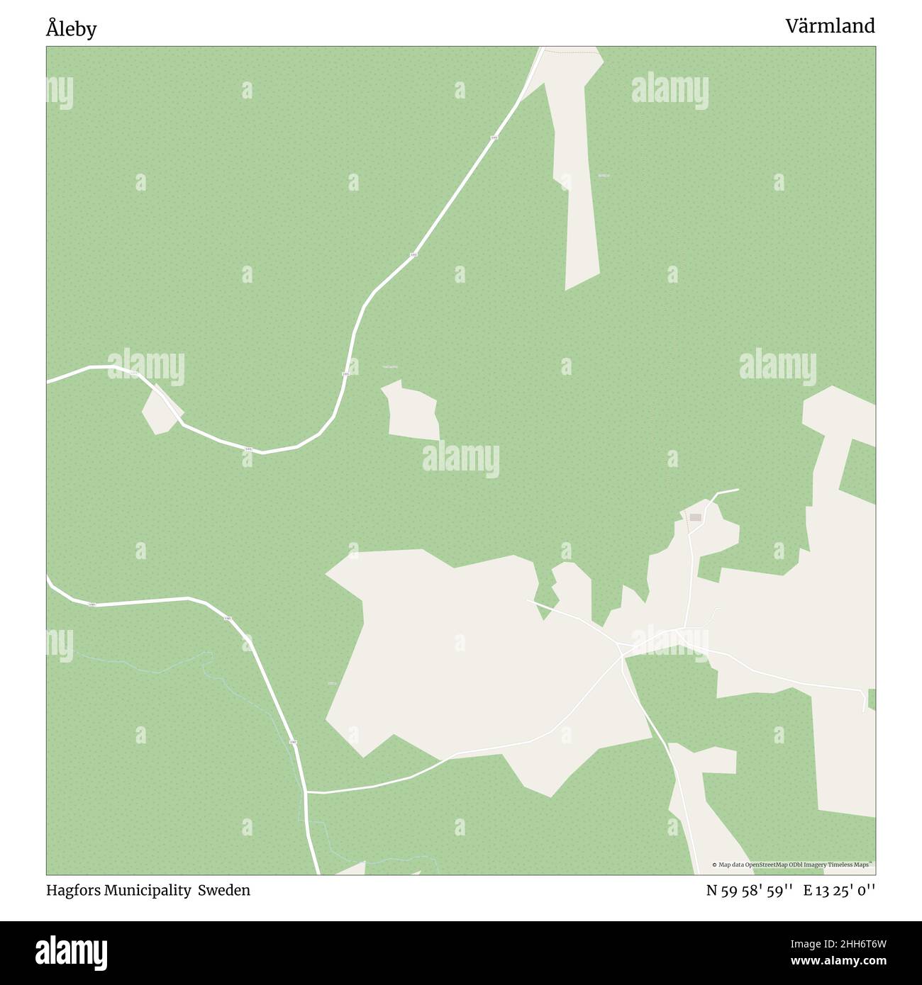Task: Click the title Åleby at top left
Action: pos(71,30)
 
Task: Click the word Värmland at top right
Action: pos(829,26)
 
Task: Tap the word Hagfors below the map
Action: pos(73,890)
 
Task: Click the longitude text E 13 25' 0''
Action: pos(839,891)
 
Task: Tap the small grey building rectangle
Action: pos(695,517)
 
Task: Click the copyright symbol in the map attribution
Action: pos(715,865)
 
